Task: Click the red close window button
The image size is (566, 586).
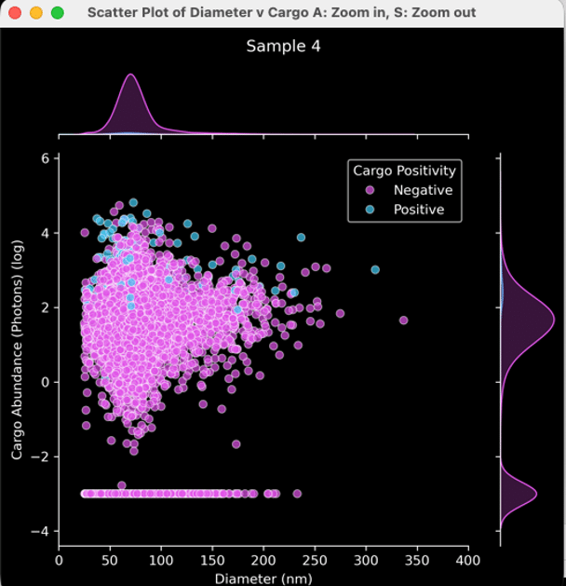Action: point(17,13)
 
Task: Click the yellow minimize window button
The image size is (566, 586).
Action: point(37,13)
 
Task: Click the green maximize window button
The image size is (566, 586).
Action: point(57,13)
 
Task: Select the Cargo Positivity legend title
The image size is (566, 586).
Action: point(404,170)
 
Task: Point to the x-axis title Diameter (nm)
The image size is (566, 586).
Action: point(263,577)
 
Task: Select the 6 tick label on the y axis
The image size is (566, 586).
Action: point(44,158)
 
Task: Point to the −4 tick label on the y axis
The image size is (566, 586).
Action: point(39,531)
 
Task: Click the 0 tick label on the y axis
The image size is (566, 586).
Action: point(44,382)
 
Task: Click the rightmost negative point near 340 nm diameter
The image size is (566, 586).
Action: point(403,320)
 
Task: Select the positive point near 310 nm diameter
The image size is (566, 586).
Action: point(375,270)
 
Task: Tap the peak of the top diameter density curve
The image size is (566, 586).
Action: point(130,75)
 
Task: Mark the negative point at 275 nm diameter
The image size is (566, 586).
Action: point(340,314)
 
